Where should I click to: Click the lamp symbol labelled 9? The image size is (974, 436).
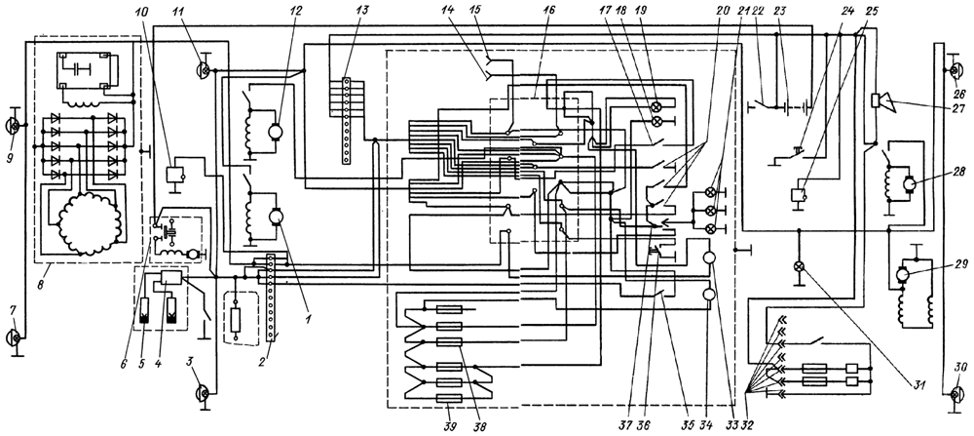(16, 124)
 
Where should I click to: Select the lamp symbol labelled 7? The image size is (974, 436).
(16, 337)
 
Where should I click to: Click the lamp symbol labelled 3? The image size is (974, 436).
(206, 393)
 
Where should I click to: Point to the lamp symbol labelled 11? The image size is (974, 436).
(206, 70)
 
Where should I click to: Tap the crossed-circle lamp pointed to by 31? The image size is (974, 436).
(799, 266)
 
